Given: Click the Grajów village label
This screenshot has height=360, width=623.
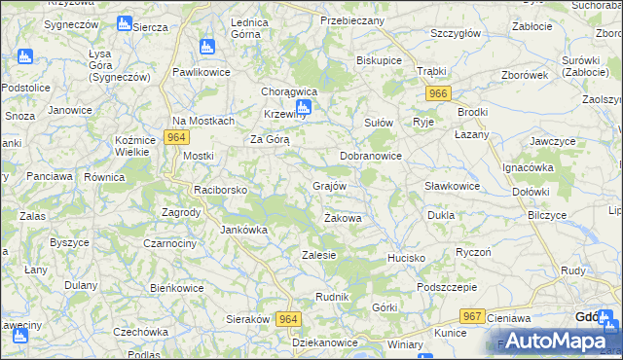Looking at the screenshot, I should coord(330,185).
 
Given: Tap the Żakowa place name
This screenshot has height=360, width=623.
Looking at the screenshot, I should coord(343,218).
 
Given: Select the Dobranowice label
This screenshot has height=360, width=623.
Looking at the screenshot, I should coord(370,156).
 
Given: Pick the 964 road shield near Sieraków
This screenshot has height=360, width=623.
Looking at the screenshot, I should coord(287,318).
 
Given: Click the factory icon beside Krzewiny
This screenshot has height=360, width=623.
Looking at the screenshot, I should coord(304,108).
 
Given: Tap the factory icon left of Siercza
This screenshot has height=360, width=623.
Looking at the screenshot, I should coord(124,23).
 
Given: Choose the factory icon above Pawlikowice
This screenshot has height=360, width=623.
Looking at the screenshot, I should coord(205,46).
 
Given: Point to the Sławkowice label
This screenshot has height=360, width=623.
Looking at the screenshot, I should coord(452,186).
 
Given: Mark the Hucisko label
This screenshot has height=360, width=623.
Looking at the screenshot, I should coord(406,258).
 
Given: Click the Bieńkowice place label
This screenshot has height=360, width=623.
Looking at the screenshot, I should coord(176,288).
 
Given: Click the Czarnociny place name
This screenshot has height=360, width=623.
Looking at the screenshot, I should coord(173,242).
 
